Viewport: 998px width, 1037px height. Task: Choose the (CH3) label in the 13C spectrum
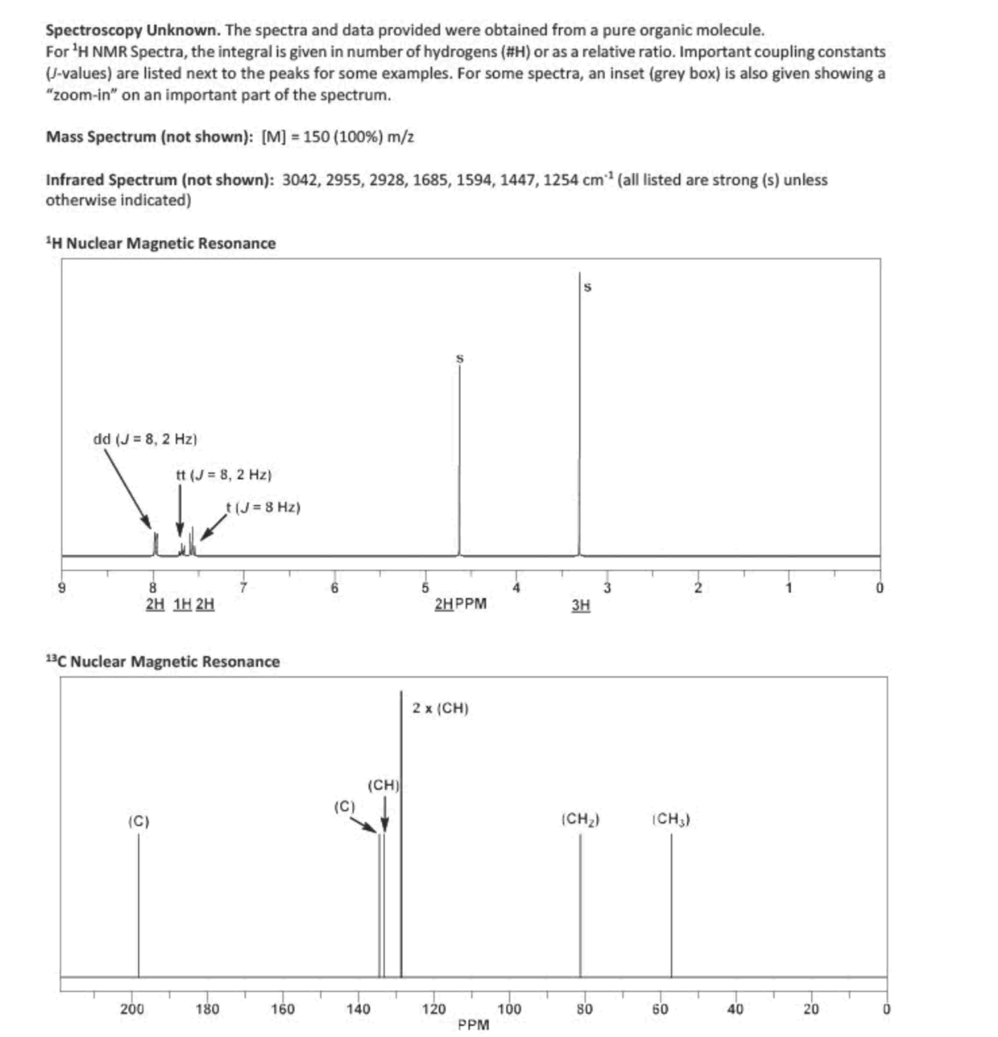[x=671, y=820]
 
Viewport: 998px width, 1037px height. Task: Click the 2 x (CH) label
[x=440, y=708]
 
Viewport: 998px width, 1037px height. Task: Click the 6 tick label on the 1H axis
[x=334, y=588]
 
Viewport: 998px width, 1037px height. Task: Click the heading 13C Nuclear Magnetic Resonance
[x=163, y=661]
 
